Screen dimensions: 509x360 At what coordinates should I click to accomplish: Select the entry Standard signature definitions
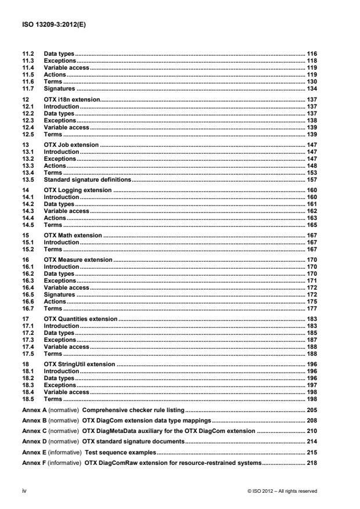click(88, 180)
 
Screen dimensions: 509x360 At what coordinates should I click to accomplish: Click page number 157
click(312, 180)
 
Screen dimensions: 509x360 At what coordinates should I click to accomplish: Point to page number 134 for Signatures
click(312, 89)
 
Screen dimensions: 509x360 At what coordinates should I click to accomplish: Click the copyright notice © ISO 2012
click(282, 491)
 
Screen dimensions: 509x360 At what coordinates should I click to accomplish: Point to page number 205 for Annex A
click(312, 410)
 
